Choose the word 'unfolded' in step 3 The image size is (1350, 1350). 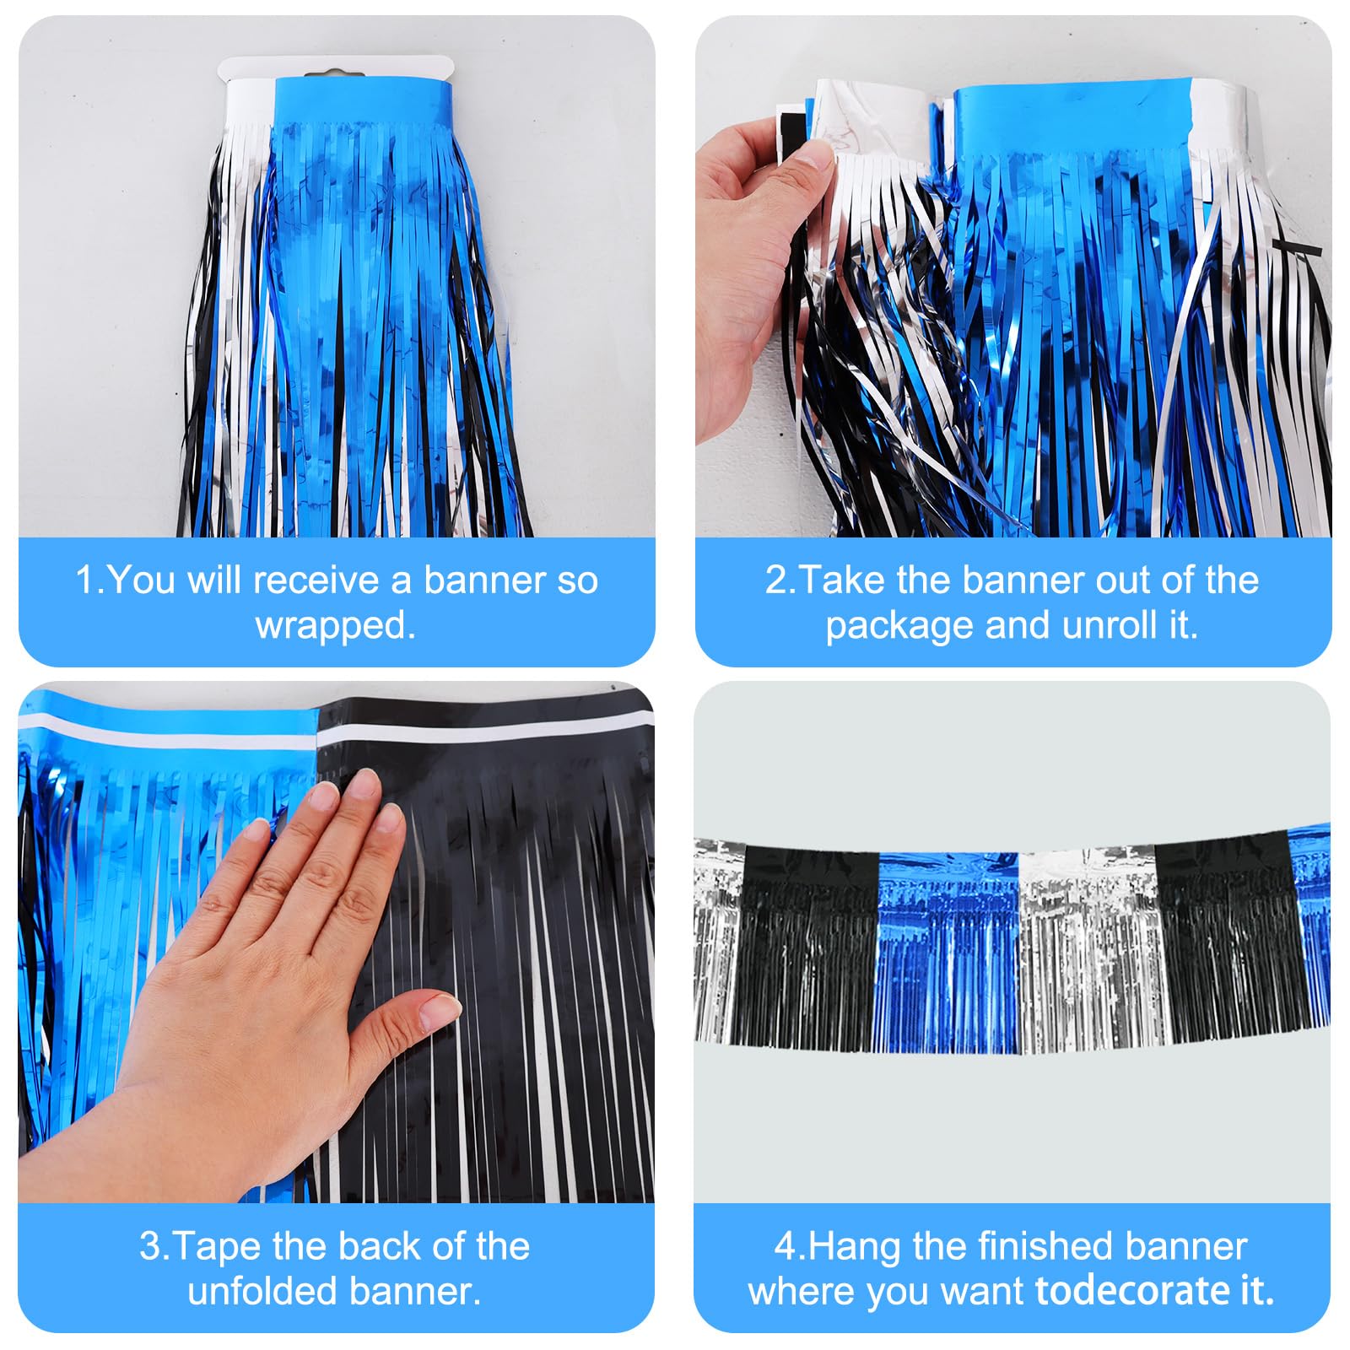[263, 1291]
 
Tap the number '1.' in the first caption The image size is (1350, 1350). [89, 580]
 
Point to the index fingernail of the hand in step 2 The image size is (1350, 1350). [815, 153]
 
